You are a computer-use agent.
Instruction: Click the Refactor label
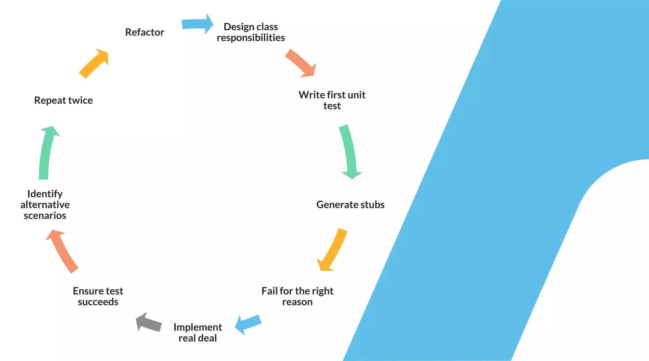pyautogui.click(x=145, y=32)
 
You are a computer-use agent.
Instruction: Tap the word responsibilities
pyautogui.click(x=251, y=38)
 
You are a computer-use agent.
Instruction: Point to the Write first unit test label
pyautogui.click(x=332, y=100)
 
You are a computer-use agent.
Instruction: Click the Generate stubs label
pyautogui.click(x=350, y=205)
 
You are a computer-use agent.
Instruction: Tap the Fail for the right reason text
pyautogui.click(x=297, y=296)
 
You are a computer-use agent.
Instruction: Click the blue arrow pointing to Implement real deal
pyautogui.click(x=248, y=325)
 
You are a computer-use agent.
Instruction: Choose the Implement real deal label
pyautogui.click(x=197, y=333)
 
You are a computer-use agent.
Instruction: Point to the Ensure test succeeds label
pyautogui.click(x=98, y=296)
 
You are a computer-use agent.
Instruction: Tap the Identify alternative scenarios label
pyautogui.click(x=45, y=204)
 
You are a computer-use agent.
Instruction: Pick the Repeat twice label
pyautogui.click(x=63, y=100)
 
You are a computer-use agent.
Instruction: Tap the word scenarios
pyautogui.click(x=45, y=215)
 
